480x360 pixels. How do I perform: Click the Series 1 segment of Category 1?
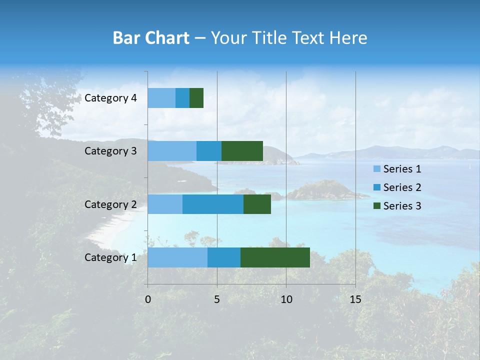click(x=177, y=257)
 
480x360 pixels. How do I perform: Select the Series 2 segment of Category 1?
click(x=224, y=257)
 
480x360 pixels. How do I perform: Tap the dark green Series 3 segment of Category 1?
click(x=275, y=257)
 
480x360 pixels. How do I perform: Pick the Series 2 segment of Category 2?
click(x=213, y=204)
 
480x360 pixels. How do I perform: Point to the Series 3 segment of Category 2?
click(x=257, y=204)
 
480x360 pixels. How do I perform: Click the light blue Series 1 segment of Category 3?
click(x=172, y=151)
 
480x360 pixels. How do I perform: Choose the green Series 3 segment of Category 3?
click(x=242, y=151)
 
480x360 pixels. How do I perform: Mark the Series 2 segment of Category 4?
click(x=182, y=98)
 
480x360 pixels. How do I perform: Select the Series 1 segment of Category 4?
click(x=161, y=98)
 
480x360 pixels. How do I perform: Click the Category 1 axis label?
click(x=110, y=257)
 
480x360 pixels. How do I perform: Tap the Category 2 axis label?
click(x=110, y=204)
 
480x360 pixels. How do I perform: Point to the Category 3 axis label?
click(x=110, y=151)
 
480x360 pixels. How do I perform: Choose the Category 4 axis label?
click(x=110, y=98)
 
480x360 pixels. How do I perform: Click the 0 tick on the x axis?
click(x=148, y=299)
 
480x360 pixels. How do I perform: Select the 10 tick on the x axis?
click(x=286, y=299)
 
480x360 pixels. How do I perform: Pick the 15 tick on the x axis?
click(x=355, y=299)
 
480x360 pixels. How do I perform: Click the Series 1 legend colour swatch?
click(x=377, y=169)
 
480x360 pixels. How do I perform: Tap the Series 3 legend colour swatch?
click(x=377, y=206)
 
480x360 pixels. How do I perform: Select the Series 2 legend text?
click(x=402, y=187)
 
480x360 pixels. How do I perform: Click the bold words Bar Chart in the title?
click(x=150, y=38)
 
